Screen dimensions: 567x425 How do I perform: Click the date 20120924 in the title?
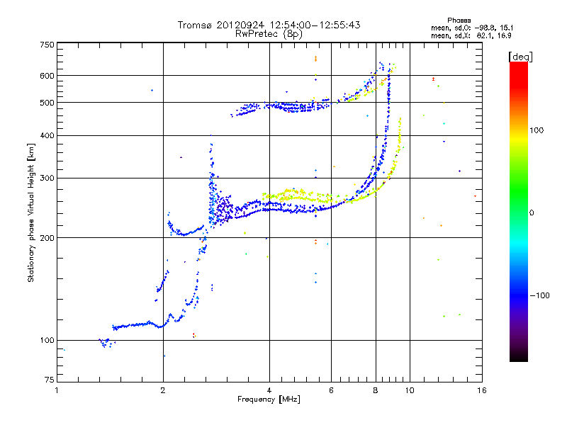(240, 25)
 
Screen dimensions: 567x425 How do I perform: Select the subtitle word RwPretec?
(257, 34)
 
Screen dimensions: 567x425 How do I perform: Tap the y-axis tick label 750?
(47, 45)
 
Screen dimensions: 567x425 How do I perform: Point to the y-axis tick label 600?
(47, 76)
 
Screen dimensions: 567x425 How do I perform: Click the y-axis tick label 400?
(47, 135)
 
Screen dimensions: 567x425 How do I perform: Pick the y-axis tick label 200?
(47, 238)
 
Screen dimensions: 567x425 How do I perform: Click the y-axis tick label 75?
(50, 380)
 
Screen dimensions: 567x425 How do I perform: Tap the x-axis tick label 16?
(482, 390)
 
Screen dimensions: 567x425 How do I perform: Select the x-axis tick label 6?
(331, 390)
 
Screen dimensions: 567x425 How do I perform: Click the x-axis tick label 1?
(57, 390)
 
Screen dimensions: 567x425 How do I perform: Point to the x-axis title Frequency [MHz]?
(269, 399)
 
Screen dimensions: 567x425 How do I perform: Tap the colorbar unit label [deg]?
(520, 57)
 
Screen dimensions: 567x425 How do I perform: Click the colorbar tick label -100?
(539, 295)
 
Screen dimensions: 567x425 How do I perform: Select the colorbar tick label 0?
(532, 213)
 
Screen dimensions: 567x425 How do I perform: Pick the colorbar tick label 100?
(537, 130)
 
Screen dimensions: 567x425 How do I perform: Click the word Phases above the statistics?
(459, 21)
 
